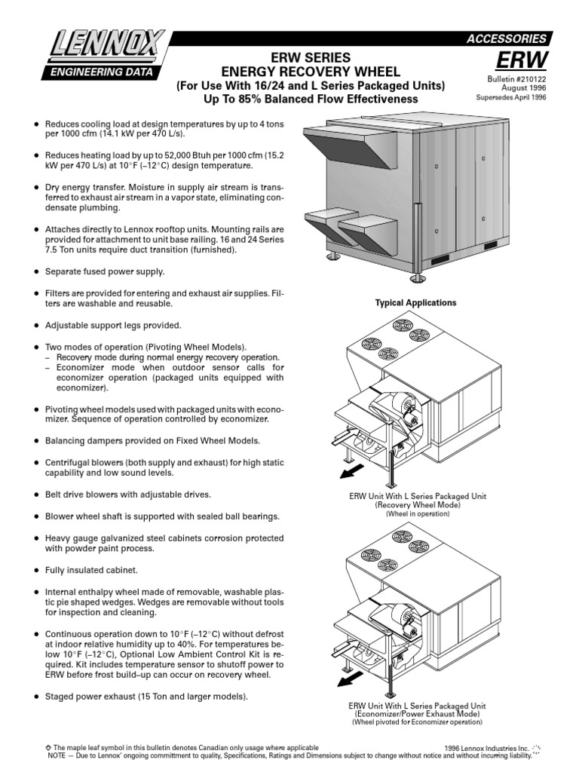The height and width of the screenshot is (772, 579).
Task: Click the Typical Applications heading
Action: [x=415, y=302]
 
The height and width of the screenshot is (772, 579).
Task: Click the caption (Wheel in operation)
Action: [x=416, y=513]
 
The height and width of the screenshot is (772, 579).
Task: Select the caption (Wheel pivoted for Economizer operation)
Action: [x=416, y=721]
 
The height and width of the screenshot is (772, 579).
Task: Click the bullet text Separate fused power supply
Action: [x=104, y=271]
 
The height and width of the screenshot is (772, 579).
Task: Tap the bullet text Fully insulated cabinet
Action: [x=95, y=570]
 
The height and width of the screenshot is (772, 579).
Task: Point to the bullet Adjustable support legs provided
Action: [x=113, y=325]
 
